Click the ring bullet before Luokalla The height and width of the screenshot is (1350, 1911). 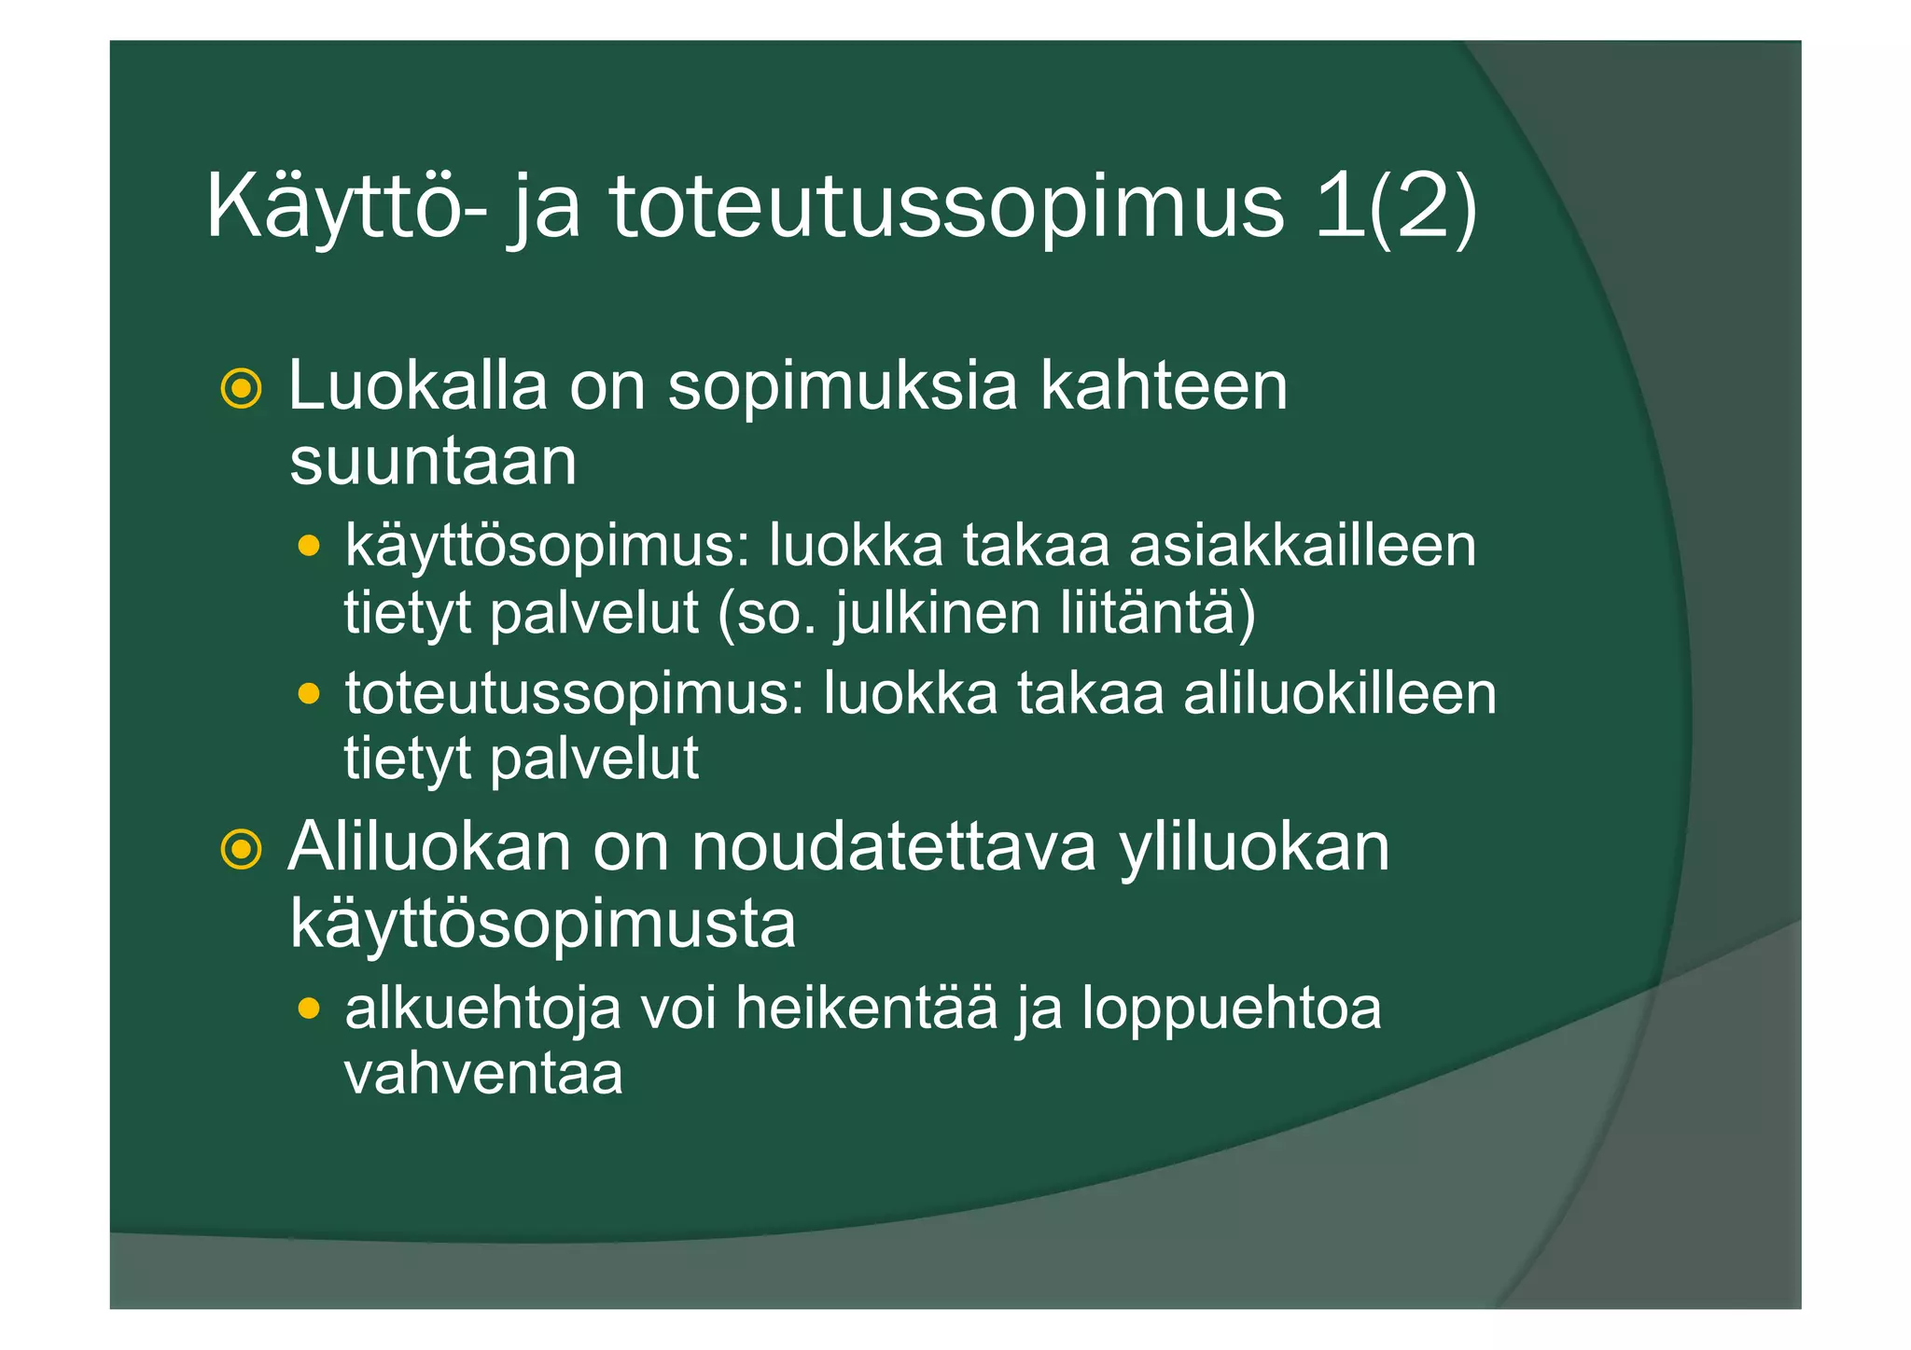pyautogui.click(x=241, y=388)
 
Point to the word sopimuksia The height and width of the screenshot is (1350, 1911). pyautogui.click(x=842, y=385)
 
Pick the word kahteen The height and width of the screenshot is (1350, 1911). pyautogui.click(x=1164, y=385)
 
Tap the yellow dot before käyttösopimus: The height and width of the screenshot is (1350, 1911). pyautogui.click(x=309, y=546)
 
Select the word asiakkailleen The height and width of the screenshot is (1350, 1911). pyautogui.click(x=1303, y=546)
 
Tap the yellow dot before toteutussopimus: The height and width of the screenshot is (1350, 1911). pyautogui.click(x=309, y=694)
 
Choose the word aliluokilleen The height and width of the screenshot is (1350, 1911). pyautogui.click(x=1340, y=694)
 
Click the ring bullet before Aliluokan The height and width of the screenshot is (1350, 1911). pyautogui.click(x=241, y=849)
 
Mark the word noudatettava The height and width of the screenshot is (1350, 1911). pyautogui.click(x=893, y=848)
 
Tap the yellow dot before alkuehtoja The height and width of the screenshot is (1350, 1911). pyautogui.click(x=309, y=1009)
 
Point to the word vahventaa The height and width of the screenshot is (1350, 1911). pyautogui.click(x=483, y=1074)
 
